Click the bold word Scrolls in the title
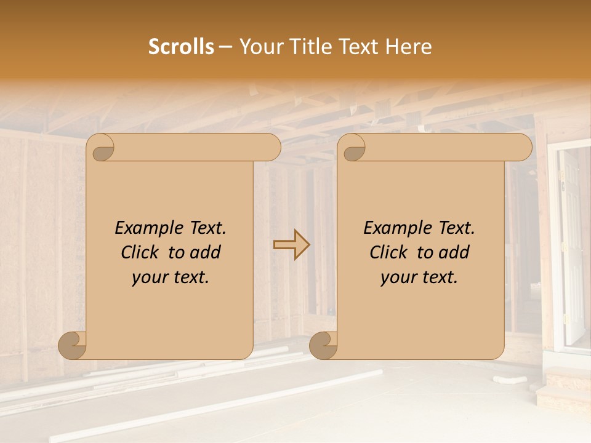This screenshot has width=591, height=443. pyautogui.click(x=182, y=47)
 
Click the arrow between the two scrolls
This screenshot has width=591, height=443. pyautogui.click(x=291, y=245)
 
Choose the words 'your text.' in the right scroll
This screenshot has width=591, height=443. pyautogui.click(x=419, y=277)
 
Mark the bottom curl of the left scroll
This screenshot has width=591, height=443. pyautogui.click(x=73, y=345)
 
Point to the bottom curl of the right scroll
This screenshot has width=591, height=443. pyautogui.click(x=323, y=345)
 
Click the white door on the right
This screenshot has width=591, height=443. pyautogui.click(x=572, y=246)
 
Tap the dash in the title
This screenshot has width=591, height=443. pyautogui.click(x=225, y=47)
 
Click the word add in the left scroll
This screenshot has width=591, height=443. pyautogui.click(x=206, y=252)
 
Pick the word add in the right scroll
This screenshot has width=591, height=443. pyautogui.click(x=455, y=252)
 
